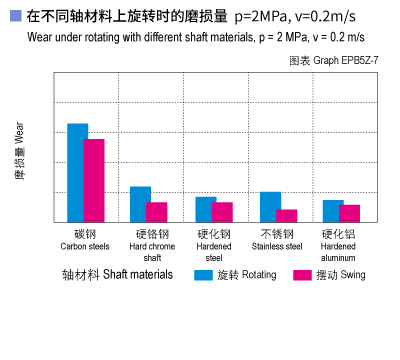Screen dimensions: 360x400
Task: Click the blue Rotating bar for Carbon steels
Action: click(77, 172)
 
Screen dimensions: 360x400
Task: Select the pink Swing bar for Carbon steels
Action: click(94, 180)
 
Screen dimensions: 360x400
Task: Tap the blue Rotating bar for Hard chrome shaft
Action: click(140, 204)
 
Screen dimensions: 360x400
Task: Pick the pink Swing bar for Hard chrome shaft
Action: click(157, 212)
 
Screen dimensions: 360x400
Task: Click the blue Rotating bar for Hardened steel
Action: click(205, 209)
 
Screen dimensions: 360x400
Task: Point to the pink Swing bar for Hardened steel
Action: click(222, 212)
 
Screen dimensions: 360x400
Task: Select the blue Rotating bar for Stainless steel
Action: click(270, 206)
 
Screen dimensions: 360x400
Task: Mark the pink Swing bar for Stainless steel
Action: click(287, 215)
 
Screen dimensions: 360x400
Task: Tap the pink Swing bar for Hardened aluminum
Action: click(350, 213)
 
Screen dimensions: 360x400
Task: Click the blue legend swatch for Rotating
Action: click(203, 274)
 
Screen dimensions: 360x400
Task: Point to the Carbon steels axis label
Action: click(85, 240)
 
